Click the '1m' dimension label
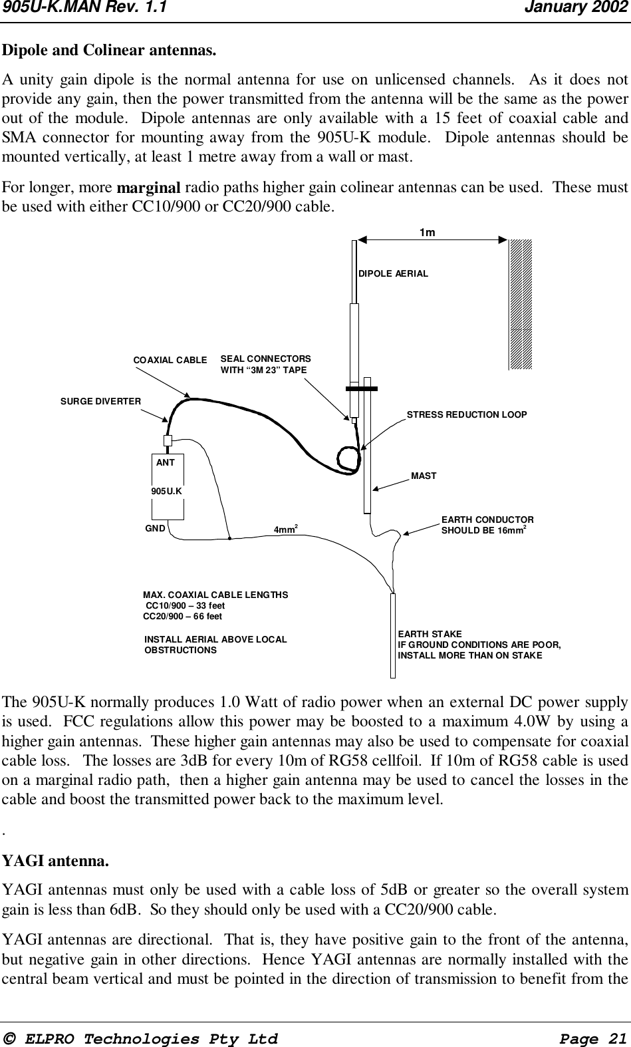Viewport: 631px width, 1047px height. click(428, 233)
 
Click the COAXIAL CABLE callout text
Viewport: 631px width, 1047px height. click(170, 360)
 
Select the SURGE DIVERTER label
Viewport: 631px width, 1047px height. click(100, 402)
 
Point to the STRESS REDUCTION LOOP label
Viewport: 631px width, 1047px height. click(466, 414)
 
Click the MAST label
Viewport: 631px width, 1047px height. click(424, 476)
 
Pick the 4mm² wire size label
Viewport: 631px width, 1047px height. click(285, 530)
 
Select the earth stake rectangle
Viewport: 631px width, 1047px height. click(393, 635)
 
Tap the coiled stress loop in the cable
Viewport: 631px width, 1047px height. click(349, 459)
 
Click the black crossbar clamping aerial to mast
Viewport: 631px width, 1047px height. click(362, 388)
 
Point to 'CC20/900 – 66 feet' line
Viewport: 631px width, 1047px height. click(183, 617)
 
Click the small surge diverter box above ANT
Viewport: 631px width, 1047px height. click(168, 440)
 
